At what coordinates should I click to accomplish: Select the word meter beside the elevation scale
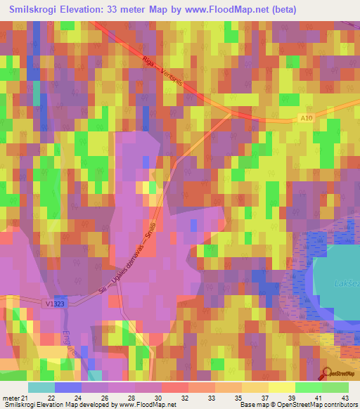[9, 397]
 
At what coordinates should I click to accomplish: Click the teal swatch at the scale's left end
[41, 387]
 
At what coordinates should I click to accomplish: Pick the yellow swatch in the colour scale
[282, 387]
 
